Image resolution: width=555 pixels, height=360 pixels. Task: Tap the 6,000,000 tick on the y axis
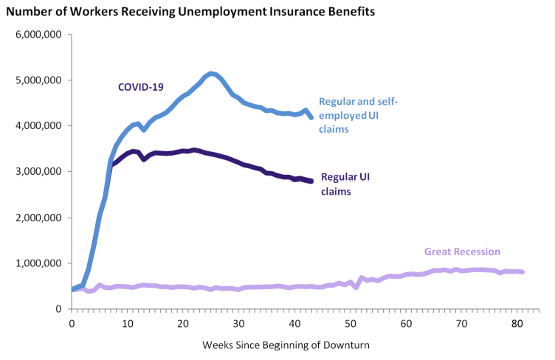(x=41, y=35)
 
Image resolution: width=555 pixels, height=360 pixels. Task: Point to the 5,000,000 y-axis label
(x=41, y=80)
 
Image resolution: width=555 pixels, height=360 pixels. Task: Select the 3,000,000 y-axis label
(x=41, y=172)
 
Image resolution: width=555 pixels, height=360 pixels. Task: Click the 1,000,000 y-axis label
(x=41, y=263)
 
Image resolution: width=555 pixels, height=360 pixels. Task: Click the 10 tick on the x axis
(x=128, y=324)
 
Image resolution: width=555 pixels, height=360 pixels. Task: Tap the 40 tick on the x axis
(x=294, y=324)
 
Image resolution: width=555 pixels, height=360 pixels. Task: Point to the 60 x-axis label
(x=406, y=324)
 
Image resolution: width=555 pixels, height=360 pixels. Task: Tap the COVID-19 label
(x=140, y=87)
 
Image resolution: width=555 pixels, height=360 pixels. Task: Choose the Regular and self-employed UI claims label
(x=358, y=116)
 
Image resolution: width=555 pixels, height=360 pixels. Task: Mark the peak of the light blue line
(x=212, y=73)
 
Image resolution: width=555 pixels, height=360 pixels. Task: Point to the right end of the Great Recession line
(x=523, y=272)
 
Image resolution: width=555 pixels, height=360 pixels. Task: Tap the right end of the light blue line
(x=311, y=117)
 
